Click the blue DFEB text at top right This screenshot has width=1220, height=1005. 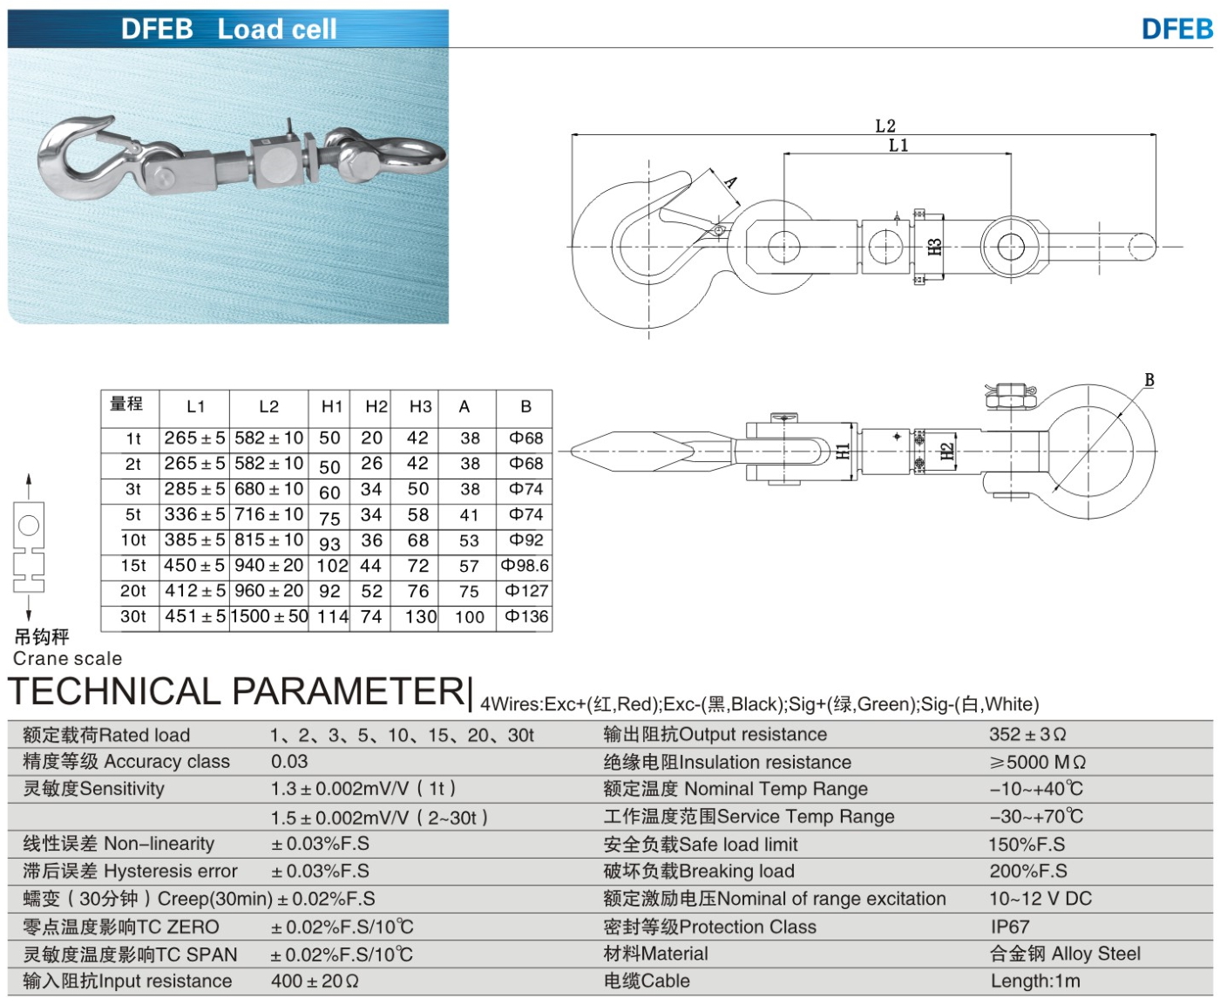coord(1176,29)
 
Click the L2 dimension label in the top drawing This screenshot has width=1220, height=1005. coord(884,126)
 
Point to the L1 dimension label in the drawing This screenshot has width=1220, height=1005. coord(898,145)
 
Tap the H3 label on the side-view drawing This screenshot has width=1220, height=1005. coord(935,247)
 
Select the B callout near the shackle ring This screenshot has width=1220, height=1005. coord(1149,380)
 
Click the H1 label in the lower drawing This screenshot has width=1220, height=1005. coord(843,451)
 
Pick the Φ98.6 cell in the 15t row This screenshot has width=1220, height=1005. coord(525,566)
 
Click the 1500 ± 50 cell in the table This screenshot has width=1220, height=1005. coord(269,616)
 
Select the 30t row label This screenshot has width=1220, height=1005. coord(133,616)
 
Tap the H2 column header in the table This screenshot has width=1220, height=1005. coord(376,406)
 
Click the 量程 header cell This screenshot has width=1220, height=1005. coord(126,404)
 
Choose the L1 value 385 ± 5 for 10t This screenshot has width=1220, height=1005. coord(195,540)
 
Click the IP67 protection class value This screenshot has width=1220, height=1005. coord(1009,927)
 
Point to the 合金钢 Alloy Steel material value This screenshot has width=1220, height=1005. coord(1065,954)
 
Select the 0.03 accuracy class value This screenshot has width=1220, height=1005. coord(289,761)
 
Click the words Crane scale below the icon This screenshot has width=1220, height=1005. coord(67,658)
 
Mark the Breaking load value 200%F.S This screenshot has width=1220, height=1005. coord(1027,871)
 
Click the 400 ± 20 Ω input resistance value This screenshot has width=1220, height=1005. coord(315,981)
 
